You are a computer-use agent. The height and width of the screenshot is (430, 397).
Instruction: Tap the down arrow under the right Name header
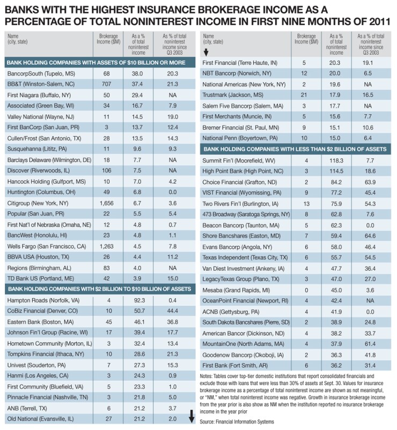[206, 51]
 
